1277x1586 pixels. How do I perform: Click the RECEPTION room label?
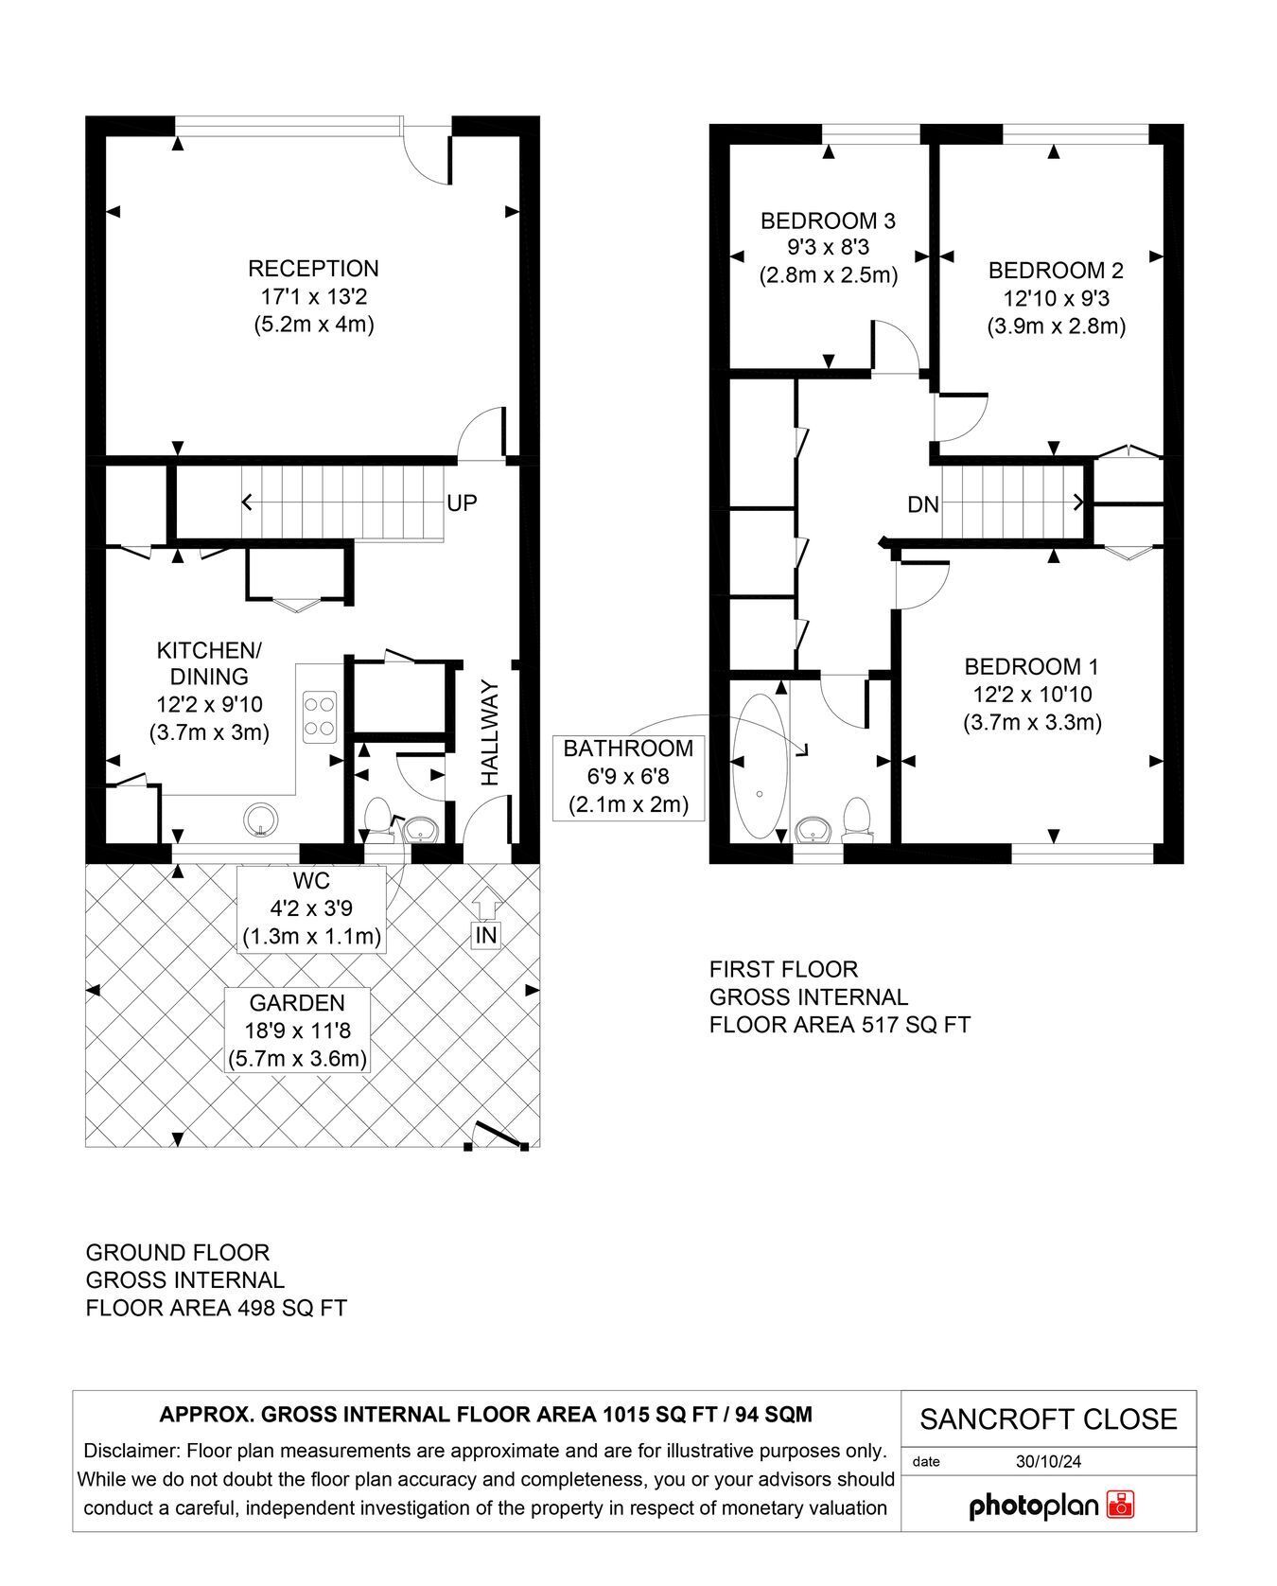pyautogui.click(x=313, y=269)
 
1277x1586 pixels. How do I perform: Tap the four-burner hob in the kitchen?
pyautogui.click(x=321, y=716)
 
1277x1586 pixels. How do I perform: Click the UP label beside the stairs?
pyautogui.click(x=462, y=503)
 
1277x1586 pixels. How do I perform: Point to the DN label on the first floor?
pyautogui.click(x=923, y=505)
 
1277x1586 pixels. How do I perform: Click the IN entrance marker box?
pyautogui.click(x=486, y=936)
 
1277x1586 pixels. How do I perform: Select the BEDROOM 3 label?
pyautogui.click(x=828, y=221)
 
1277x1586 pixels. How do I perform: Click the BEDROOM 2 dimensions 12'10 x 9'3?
pyautogui.click(x=1056, y=299)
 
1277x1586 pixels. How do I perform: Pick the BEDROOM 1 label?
pyautogui.click(x=1032, y=666)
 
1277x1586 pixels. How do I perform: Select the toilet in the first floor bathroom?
pyautogui.click(x=856, y=819)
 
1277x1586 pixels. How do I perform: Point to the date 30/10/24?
pyautogui.click(x=1049, y=1461)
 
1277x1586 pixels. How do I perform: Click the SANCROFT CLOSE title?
pyautogui.click(x=1049, y=1419)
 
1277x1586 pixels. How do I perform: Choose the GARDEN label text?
pyautogui.click(x=297, y=1003)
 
